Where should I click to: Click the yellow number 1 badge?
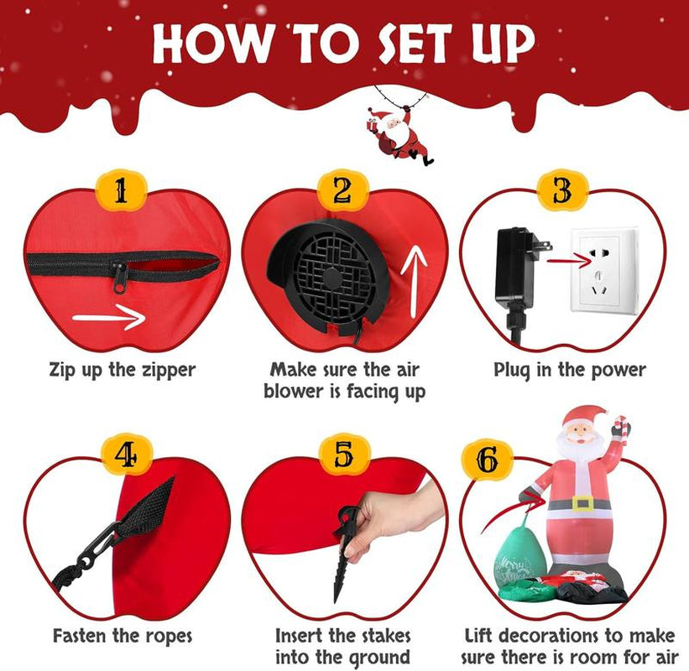[121, 190]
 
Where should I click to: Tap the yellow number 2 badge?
[342, 190]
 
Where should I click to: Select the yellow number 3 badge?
[562, 190]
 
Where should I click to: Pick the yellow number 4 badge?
[127, 455]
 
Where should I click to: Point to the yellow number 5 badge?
[344, 455]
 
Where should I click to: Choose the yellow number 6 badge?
[487, 460]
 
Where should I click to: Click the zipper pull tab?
[119, 277]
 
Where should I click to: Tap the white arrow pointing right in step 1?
[109, 317]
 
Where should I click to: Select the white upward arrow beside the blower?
[414, 282]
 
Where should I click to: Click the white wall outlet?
[604, 270]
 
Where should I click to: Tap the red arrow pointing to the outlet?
[570, 263]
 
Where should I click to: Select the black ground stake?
[344, 554]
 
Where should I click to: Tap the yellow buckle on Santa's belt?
[582, 503]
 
